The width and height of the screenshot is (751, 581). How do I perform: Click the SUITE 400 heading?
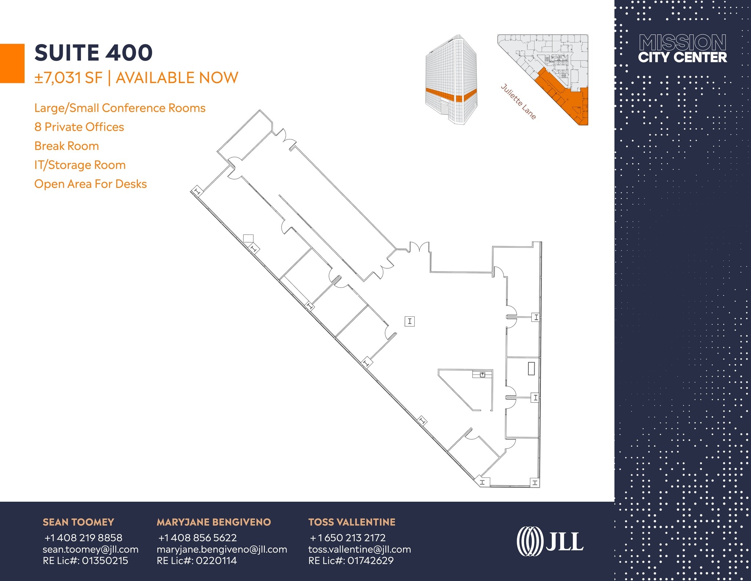(94, 52)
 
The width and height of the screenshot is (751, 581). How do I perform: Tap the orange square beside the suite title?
(12, 63)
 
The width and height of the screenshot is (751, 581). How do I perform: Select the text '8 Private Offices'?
(79, 127)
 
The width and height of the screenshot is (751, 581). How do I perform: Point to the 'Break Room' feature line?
(67, 146)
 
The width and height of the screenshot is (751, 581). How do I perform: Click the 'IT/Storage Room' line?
(80, 165)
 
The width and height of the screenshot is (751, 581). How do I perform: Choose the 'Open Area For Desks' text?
(91, 184)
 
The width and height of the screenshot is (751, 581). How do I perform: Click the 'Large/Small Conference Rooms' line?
(120, 108)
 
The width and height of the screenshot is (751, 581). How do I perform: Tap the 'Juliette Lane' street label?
(519, 102)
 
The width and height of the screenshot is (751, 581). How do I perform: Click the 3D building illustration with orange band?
(451, 80)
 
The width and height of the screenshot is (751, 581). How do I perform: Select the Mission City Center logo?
(682, 49)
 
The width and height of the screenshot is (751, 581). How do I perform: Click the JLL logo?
(550, 541)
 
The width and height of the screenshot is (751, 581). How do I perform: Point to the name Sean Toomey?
(78, 522)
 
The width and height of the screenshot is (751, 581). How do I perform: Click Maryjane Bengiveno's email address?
(222, 549)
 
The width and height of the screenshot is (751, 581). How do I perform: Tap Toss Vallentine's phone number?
(348, 538)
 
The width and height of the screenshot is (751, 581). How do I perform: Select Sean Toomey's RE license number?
(85, 561)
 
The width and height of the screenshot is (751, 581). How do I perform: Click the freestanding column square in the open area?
(410, 322)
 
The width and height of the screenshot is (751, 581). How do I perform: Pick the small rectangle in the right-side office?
(531, 368)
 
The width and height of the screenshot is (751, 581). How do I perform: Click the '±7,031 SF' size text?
(69, 78)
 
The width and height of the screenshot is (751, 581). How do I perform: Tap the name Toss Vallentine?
(352, 522)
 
